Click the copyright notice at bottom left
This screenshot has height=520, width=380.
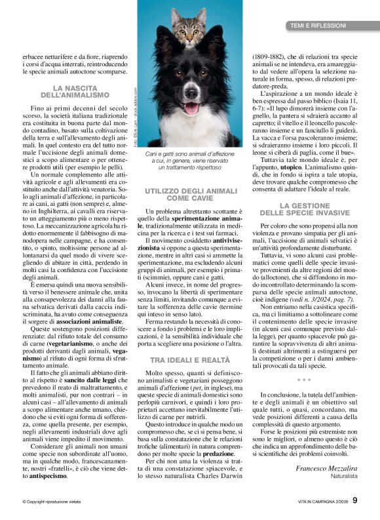pyautogui.click(x=50, y=502)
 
